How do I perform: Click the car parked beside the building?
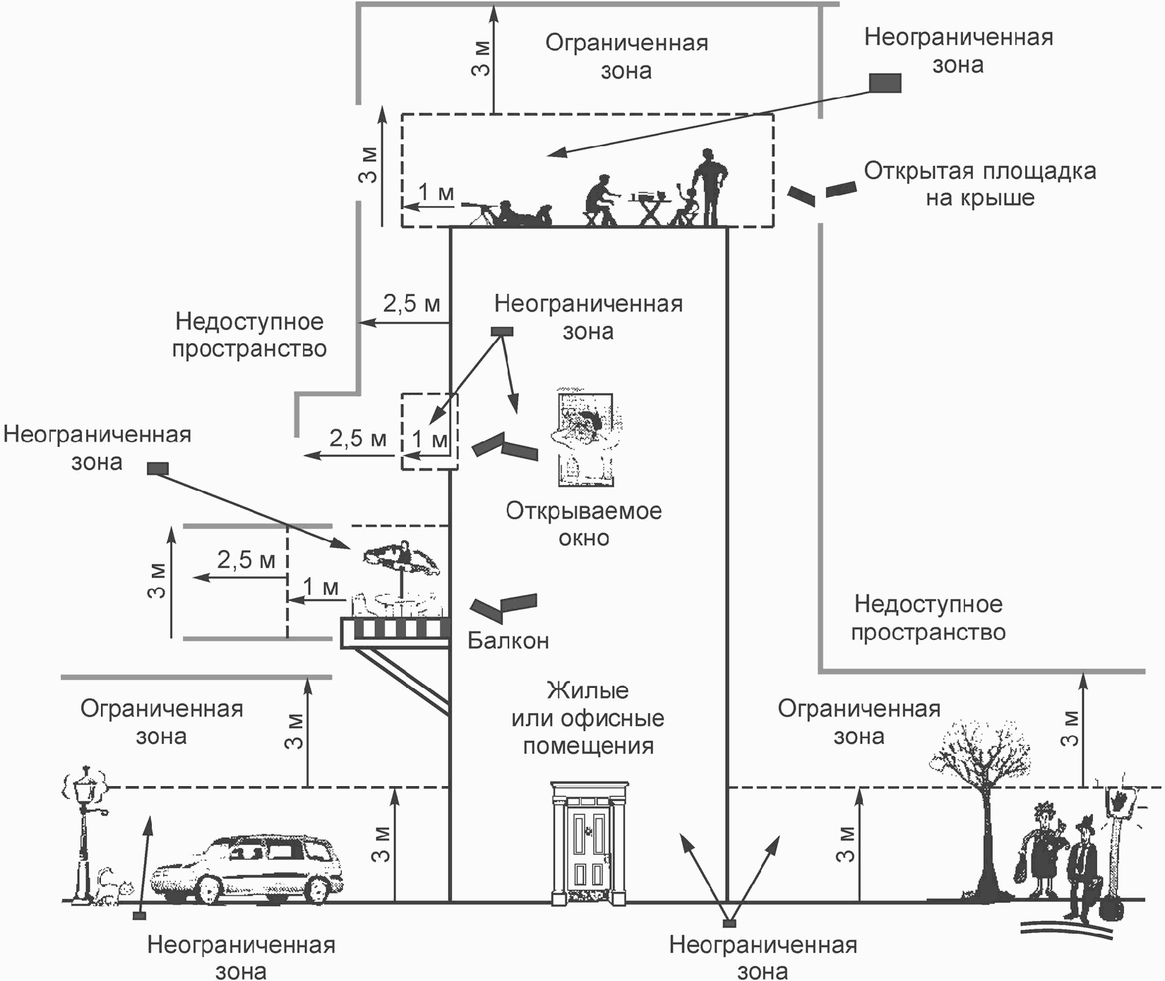click(247, 867)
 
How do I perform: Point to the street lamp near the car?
click(85, 833)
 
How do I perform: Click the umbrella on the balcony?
click(402, 558)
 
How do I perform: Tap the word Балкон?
click(508, 641)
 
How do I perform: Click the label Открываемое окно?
click(584, 524)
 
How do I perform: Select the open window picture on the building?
click(585, 438)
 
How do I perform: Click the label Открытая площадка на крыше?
click(980, 184)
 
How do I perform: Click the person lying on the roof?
click(519, 213)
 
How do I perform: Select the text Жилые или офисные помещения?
click(588, 718)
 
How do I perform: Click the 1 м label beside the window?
click(429, 440)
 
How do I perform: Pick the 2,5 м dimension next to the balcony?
click(246, 560)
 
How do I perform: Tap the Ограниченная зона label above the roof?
click(626, 57)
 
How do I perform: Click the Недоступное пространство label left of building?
click(249, 335)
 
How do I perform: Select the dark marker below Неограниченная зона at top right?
click(884, 83)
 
